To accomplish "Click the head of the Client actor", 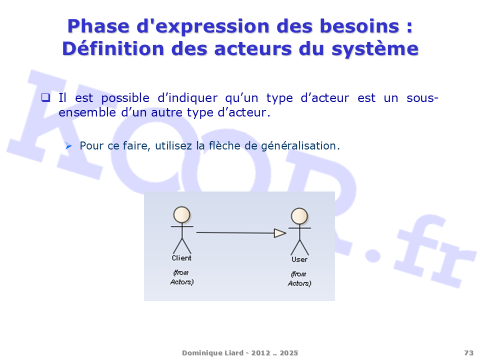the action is pyautogui.click(x=182, y=214).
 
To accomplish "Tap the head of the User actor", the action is pyautogui.click(x=299, y=216).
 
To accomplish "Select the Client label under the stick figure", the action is pyautogui.click(x=181, y=258).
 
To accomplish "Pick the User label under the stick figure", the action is pyautogui.click(x=299, y=259).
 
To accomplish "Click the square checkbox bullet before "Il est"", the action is pyautogui.click(x=46, y=97).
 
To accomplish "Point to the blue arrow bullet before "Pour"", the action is pyautogui.click(x=68, y=146).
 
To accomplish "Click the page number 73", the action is pyautogui.click(x=468, y=353).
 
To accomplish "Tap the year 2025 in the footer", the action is pyautogui.click(x=288, y=353).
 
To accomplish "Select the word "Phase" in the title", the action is pyautogui.click(x=98, y=26).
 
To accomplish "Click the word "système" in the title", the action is pyautogui.click(x=375, y=49).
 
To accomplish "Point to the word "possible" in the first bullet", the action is pyautogui.click(x=125, y=98).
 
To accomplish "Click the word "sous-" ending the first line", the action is pyautogui.click(x=422, y=98).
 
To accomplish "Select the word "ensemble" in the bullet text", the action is pyautogui.click(x=87, y=112).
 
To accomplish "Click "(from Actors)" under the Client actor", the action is pyautogui.click(x=182, y=277).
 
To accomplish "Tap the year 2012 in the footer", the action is pyautogui.click(x=260, y=353).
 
